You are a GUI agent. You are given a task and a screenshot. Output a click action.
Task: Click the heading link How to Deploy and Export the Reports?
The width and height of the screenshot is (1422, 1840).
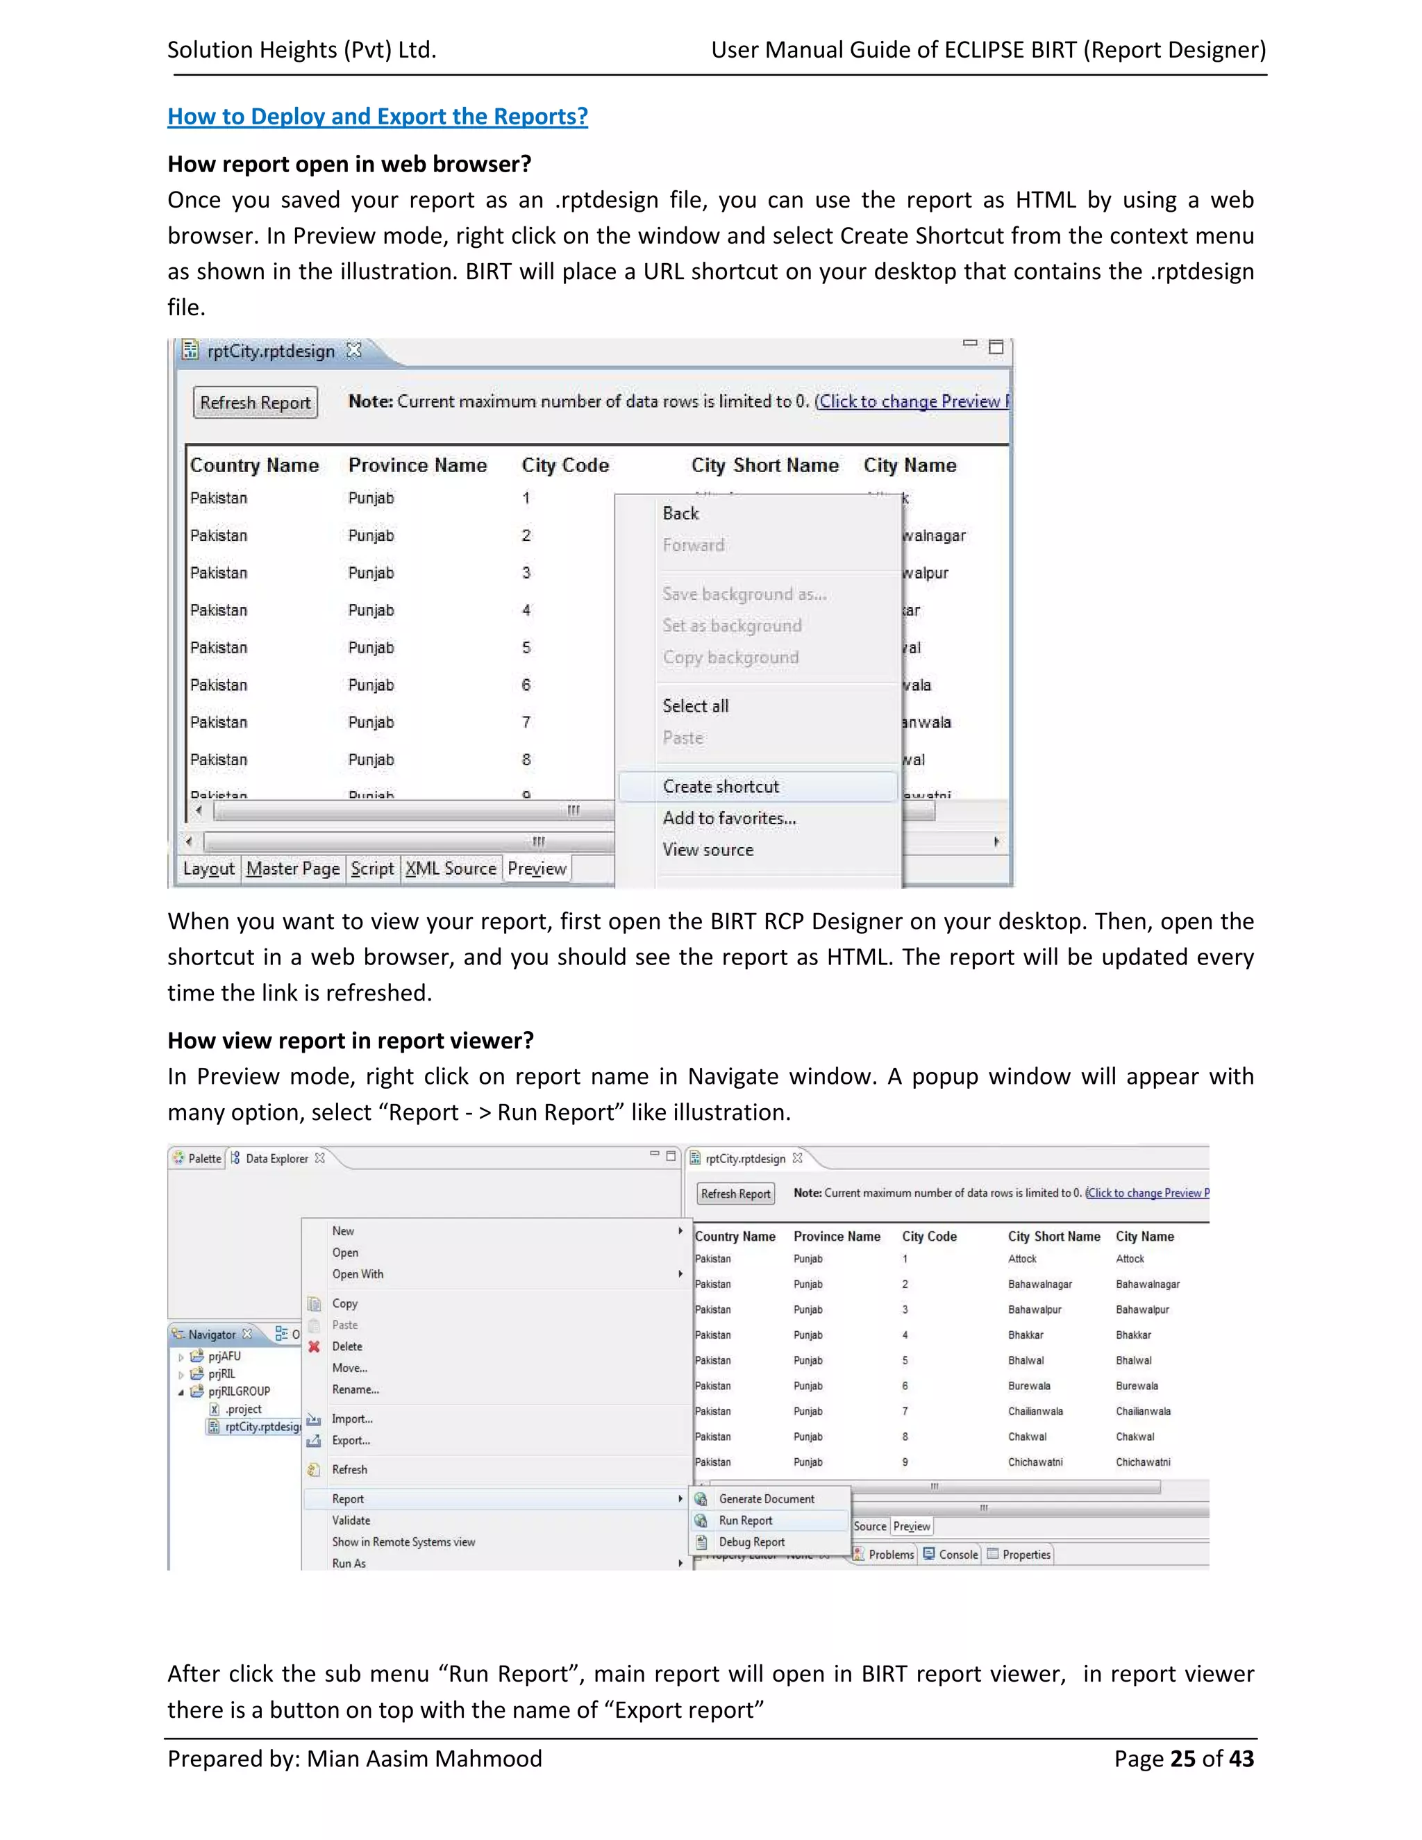[x=378, y=116]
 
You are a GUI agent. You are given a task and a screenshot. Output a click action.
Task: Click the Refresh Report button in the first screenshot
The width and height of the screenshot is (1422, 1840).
[x=256, y=403]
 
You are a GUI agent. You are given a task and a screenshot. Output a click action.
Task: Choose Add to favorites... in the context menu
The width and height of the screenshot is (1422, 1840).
[x=728, y=818]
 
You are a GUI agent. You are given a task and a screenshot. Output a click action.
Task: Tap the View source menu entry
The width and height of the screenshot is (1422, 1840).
[x=708, y=850]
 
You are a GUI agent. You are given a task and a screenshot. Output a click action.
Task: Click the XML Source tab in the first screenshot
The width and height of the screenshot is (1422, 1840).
[x=451, y=869]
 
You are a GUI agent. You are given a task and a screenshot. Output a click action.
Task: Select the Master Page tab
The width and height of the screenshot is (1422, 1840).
[x=292, y=869]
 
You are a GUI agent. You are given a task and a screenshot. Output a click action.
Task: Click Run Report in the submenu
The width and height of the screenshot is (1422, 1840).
[x=745, y=1521]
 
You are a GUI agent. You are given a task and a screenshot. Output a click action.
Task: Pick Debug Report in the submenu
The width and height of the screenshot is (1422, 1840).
[x=751, y=1541]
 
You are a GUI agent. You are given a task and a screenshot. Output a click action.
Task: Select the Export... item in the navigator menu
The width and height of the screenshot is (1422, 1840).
[x=351, y=1441]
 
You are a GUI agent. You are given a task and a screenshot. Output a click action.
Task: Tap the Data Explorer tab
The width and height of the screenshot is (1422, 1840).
[x=276, y=1158]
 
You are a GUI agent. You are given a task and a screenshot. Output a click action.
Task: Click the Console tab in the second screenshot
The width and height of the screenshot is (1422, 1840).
[x=957, y=1555]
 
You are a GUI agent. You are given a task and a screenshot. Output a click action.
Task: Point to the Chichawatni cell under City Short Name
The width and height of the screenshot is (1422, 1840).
[x=1035, y=1462]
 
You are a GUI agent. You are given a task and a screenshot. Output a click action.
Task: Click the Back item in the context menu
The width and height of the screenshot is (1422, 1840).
[x=680, y=514]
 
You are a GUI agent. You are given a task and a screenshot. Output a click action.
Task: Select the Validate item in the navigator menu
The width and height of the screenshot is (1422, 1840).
[x=351, y=1521]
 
